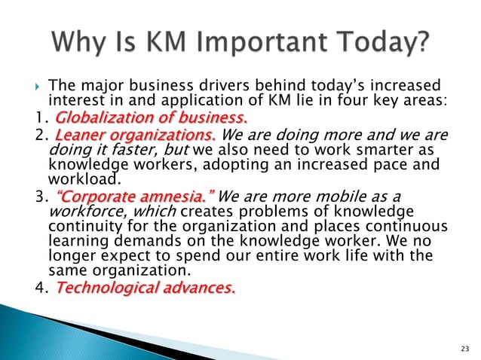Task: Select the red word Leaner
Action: point(81,135)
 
